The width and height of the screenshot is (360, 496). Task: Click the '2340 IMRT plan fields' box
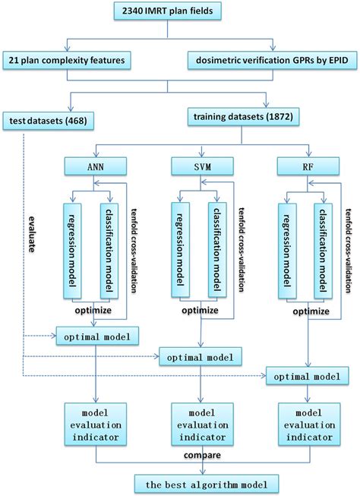(181, 11)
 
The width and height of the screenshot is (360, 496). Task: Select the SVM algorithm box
(200, 165)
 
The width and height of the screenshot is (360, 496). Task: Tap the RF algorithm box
(308, 165)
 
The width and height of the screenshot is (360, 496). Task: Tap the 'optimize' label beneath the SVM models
(200, 289)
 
